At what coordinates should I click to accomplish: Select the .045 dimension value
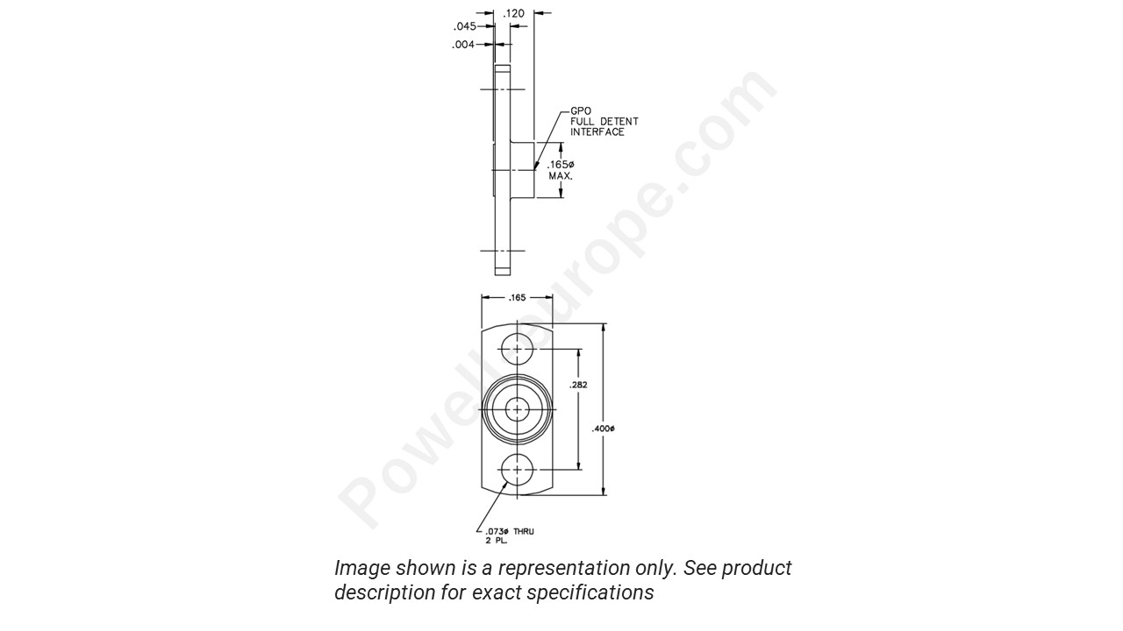click(x=464, y=26)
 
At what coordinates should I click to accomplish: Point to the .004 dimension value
click(x=463, y=45)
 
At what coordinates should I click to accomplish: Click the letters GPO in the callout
click(x=581, y=111)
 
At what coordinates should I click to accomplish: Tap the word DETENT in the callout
click(x=618, y=122)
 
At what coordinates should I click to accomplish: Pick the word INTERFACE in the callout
click(x=597, y=132)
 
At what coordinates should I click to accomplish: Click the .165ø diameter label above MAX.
click(x=561, y=165)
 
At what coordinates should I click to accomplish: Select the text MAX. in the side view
click(x=561, y=176)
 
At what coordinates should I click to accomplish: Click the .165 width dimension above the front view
click(x=517, y=298)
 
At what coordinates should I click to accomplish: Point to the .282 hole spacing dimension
click(x=579, y=385)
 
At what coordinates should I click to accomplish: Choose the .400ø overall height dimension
click(x=604, y=429)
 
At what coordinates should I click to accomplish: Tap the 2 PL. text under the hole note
click(x=496, y=542)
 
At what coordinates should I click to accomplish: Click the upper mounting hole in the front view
click(x=518, y=349)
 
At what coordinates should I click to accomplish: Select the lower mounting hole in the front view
click(x=518, y=470)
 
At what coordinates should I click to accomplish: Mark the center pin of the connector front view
click(x=518, y=409)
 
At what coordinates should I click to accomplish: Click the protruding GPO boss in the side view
click(x=523, y=169)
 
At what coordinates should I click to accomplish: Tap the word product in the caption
click(x=757, y=568)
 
